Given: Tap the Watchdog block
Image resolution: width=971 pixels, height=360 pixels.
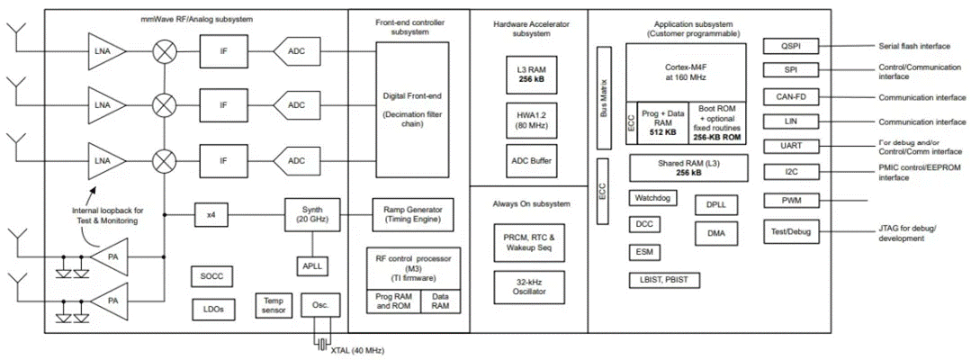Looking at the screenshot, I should coord(653,197).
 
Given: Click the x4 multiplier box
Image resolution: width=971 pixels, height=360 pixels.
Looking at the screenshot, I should coord(211,215).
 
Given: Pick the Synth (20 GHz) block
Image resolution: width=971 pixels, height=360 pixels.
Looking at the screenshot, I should coord(310,215).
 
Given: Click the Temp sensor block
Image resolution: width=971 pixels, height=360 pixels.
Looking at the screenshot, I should coord(273,306).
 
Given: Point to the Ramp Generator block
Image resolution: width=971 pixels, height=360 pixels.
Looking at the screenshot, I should coord(414,214).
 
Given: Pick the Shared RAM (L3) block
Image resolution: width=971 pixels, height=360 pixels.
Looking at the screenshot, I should coord(682,166).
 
